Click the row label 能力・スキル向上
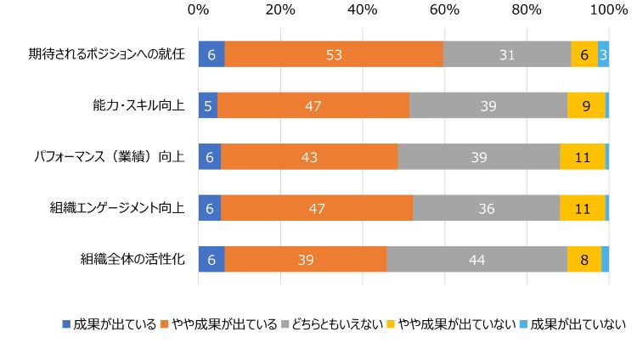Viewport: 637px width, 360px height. pyautogui.click(x=138, y=105)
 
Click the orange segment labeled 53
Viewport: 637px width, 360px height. pyautogui.click(x=334, y=53)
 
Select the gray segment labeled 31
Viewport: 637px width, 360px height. pyautogui.click(x=507, y=53)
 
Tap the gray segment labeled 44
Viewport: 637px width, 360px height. pyautogui.click(x=476, y=260)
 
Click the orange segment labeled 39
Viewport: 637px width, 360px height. pyautogui.click(x=306, y=260)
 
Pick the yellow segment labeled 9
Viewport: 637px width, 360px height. pyautogui.click(x=586, y=105)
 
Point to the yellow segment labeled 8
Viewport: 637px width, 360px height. pyautogui.click(x=584, y=260)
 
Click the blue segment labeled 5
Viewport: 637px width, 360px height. pyautogui.click(x=208, y=105)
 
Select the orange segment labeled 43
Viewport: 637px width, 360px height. pyautogui.click(x=309, y=157)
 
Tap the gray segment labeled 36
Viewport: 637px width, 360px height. pyautogui.click(x=486, y=209)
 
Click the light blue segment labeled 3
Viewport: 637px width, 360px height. pyautogui.click(x=603, y=53)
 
